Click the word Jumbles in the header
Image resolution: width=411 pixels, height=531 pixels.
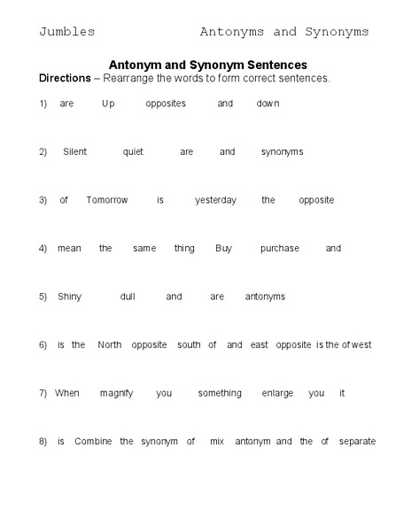[66, 32]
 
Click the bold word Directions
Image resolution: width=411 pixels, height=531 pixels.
[65, 78]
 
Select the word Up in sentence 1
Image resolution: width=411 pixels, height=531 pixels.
[108, 104]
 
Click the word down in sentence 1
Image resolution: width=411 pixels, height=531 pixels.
[268, 104]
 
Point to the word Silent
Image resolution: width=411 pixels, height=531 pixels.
[74, 151]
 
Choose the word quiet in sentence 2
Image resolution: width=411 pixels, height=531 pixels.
[133, 151]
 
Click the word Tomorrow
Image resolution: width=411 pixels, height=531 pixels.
[107, 200]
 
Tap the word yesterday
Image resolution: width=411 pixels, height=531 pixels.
[215, 200]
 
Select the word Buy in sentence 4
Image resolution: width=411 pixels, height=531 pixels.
[223, 249]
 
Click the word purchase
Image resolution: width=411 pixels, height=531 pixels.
[279, 249]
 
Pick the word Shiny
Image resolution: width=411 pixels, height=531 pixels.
[69, 296]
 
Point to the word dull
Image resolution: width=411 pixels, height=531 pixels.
[128, 296]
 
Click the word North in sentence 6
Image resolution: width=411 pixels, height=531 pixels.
[110, 345]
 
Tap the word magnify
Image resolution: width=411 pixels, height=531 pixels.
[116, 393]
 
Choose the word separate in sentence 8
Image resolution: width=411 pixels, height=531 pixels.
[357, 441]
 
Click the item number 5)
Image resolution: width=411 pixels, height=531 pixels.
[43, 296]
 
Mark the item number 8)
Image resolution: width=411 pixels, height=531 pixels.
[43, 441]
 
